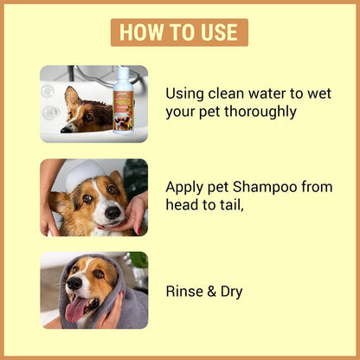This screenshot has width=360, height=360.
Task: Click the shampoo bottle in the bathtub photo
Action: point(123,100)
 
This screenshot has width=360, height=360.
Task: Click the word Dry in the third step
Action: point(231,292)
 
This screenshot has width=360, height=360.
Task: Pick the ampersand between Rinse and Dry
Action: point(211,292)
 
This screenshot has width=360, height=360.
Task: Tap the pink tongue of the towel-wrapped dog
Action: point(74,309)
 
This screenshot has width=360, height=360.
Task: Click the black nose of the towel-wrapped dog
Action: point(74,284)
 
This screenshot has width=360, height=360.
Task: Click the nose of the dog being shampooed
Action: point(112,213)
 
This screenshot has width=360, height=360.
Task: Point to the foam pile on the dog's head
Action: point(83,174)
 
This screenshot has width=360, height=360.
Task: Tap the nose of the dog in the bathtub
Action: point(66,130)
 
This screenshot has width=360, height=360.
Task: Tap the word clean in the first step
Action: point(226,93)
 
